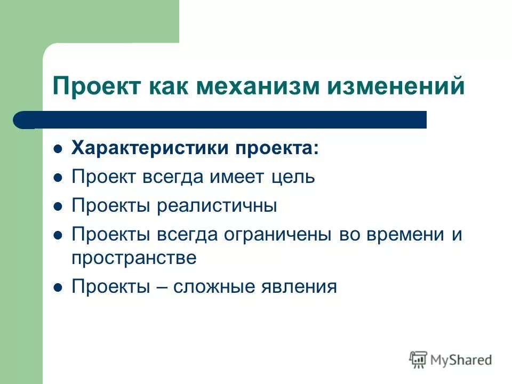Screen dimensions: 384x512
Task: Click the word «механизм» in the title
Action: point(260,87)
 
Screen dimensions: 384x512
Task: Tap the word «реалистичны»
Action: point(217,206)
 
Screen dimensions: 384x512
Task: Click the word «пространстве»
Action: point(134,258)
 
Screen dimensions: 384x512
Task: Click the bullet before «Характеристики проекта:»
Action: point(59,149)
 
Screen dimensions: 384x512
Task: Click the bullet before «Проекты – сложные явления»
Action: point(59,287)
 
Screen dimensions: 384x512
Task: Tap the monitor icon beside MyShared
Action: point(418,359)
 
